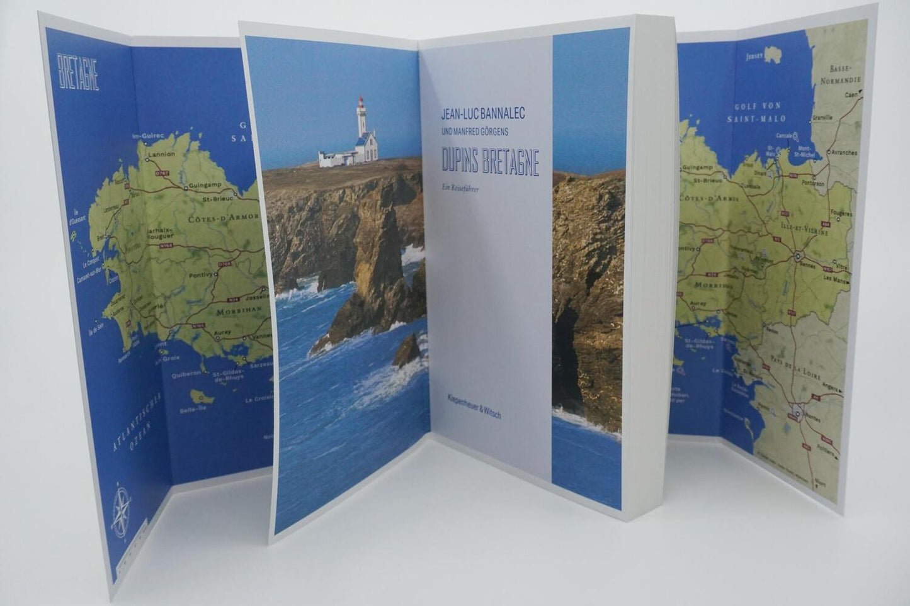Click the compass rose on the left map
(x=121, y=508)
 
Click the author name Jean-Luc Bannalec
(x=482, y=114)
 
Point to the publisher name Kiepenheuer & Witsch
(x=474, y=406)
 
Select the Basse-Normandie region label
(x=840, y=75)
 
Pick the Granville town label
(x=822, y=116)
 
